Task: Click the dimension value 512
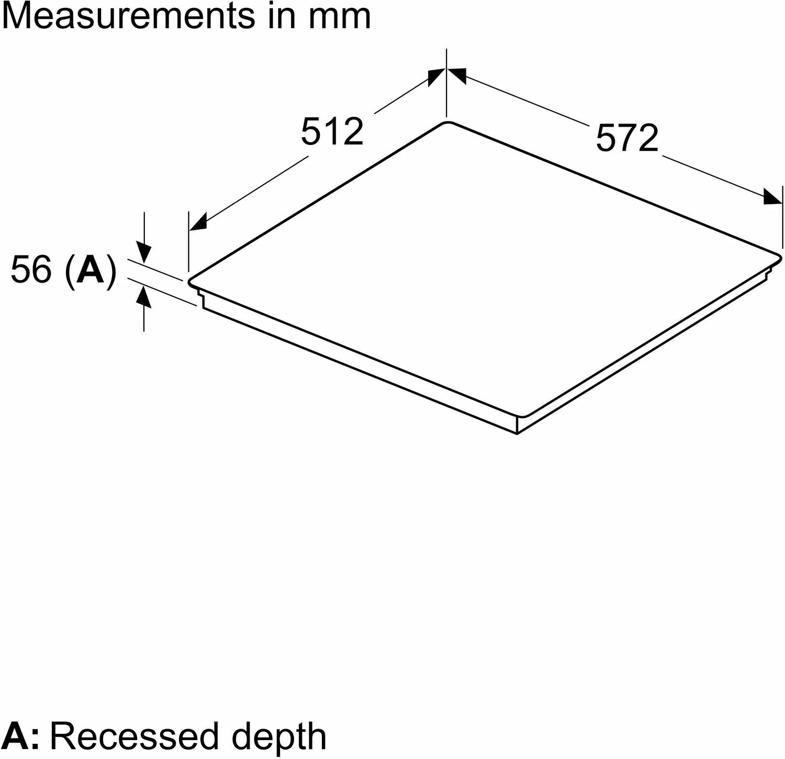coord(332,131)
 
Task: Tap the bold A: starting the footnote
coord(20,736)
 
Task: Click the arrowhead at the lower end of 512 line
coord(198,222)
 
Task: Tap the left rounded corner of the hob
coord(190,281)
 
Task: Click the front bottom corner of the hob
coord(517,433)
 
